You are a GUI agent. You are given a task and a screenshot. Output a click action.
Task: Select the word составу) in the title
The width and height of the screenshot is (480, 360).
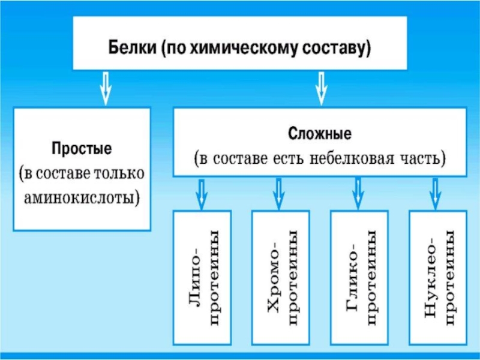(x=337, y=47)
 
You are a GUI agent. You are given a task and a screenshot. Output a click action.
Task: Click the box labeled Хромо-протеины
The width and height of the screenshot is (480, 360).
(x=280, y=277)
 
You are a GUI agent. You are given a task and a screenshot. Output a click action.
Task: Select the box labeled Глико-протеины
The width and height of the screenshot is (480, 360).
(x=359, y=277)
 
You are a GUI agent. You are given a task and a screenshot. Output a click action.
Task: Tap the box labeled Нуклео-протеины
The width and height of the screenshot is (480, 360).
(x=437, y=277)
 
